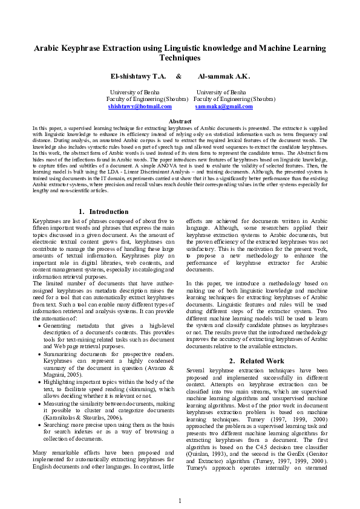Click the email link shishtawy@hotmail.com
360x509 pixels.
pyautogui.click(x=140, y=106)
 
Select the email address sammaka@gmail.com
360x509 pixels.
pyautogui.click(x=224, y=106)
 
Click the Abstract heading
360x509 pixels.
pyautogui.click(x=180, y=122)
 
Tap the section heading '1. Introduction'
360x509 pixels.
pyautogui.click(x=104, y=212)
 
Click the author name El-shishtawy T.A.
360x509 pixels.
pyautogui.click(x=137, y=77)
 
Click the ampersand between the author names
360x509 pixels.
pyautogui.click(x=178, y=77)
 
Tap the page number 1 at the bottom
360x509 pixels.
pyautogui.click(x=180, y=501)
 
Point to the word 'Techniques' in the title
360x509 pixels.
pyautogui.click(x=180, y=58)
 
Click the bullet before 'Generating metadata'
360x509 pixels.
pyautogui.click(x=39, y=325)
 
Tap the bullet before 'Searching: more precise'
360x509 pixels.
pyautogui.click(x=39, y=427)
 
